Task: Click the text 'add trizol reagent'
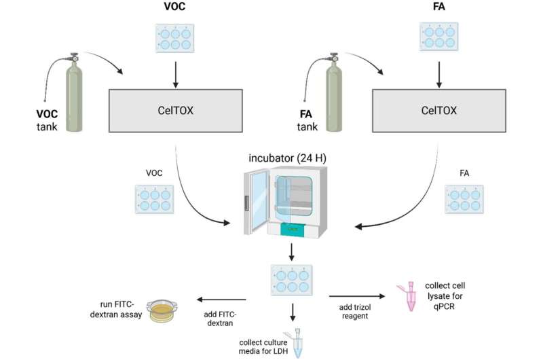pyautogui.click(x=356, y=313)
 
